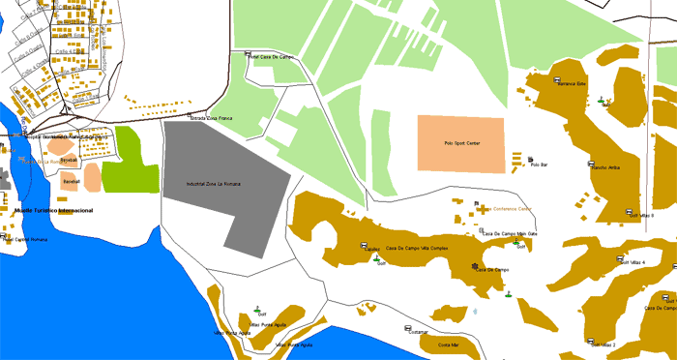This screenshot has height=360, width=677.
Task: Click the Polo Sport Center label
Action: pyautogui.click(x=461, y=143)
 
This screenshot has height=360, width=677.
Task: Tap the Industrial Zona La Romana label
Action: pyautogui.click(x=214, y=183)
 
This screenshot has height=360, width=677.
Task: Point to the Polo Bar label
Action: pyautogui.click(x=540, y=165)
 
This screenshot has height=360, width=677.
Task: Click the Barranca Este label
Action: pyautogui.click(x=571, y=83)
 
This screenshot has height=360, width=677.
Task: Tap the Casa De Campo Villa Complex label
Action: pyautogui.click(x=417, y=248)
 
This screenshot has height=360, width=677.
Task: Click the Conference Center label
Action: pyautogui.click(x=513, y=209)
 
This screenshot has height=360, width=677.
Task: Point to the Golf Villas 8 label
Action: pyautogui.click(x=642, y=216)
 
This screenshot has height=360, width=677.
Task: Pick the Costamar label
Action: pyautogui.click(x=417, y=332)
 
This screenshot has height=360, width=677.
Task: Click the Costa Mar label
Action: pyautogui.click(x=448, y=345)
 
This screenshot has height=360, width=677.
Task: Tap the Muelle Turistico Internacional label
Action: pyautogui.click(x=47, y=210)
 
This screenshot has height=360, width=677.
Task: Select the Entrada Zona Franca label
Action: pyautogui.click(x=212, y=118)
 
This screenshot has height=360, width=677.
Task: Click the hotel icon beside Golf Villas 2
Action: pyautogui.click(x=590, y=339)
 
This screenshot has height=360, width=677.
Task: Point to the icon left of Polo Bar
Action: pyautogui.click(x=530, y=159)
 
